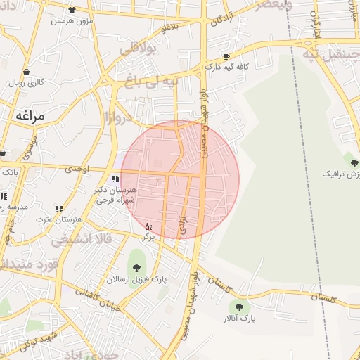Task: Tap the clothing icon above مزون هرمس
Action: pos(73,11)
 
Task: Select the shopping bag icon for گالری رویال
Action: pos(27,72)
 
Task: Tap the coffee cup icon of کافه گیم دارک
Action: pos(226,56)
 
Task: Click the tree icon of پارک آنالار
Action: pos(240,307)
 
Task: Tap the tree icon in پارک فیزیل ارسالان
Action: pos(136,266)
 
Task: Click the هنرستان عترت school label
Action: pos(60,219)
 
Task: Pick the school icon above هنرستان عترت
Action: pos(59,209)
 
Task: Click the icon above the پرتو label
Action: pos(148,226)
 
